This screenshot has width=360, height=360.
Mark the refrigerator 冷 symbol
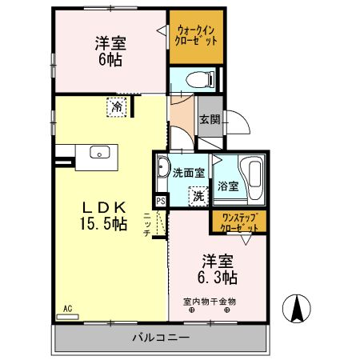(x=117, y=105)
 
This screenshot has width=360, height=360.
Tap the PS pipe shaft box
(x=161, y=201)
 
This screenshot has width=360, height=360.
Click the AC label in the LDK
(x=66, y=308)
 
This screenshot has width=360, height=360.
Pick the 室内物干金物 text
(x=210, y=302)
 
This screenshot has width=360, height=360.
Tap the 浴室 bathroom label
(x=229, y=186)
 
